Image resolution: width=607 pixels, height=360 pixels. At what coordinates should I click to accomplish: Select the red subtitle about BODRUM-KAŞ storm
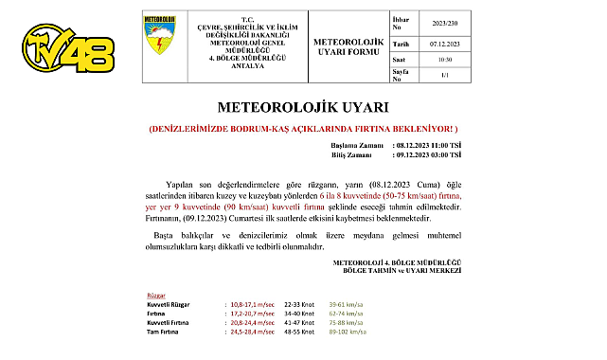pos(304,127)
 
